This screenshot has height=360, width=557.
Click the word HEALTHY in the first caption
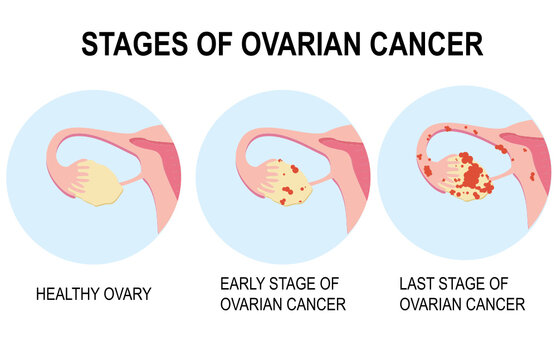73,295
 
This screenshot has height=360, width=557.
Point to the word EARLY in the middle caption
245,284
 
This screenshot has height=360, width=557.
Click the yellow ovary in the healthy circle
91,183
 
